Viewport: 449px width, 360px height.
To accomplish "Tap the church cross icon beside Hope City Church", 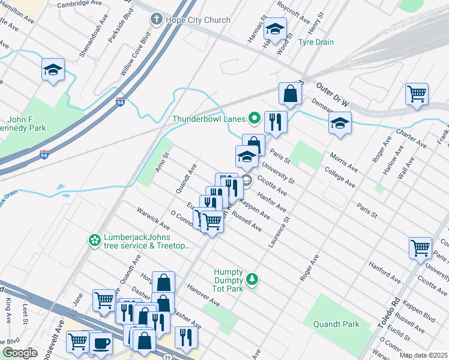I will coord(156,20).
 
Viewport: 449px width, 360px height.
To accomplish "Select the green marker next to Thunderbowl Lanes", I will coord(254,118).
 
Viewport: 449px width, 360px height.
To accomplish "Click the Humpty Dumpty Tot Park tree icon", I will coord(253,279).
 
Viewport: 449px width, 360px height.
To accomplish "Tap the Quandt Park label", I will coord(336,324).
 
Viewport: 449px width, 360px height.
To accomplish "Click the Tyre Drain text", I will coord(316,42).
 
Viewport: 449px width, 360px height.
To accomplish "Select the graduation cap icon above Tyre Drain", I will coord(275,28).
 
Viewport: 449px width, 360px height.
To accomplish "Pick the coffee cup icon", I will coord(101,343).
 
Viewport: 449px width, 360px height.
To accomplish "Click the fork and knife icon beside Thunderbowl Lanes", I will coord(276,121).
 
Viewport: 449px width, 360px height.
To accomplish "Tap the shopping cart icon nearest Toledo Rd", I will coord(420,247).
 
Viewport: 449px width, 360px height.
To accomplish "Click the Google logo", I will coord(20,353).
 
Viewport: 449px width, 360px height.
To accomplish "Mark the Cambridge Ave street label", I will coord(81,4).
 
